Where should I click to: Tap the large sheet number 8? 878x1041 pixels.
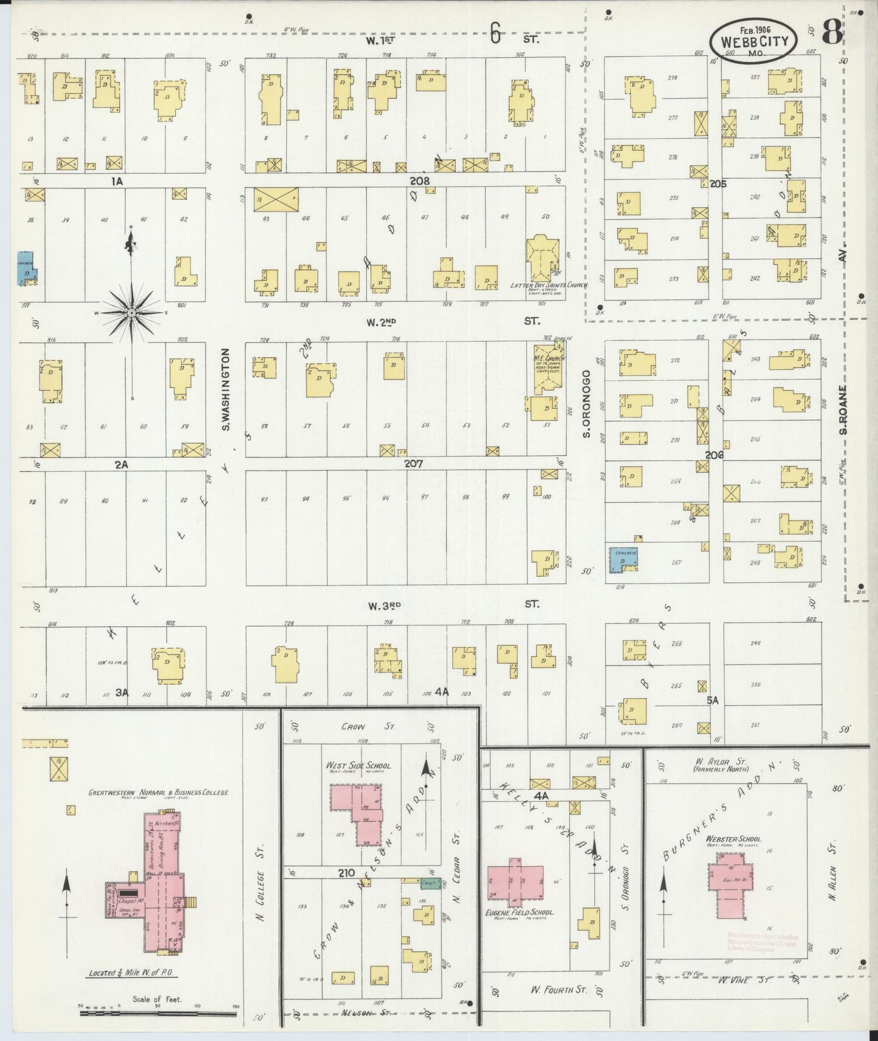tap(832, 33)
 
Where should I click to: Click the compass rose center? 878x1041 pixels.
tap(131, 312)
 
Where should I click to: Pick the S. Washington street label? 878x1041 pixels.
tap(225, 389)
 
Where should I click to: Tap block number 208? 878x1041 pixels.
tap(419, 180)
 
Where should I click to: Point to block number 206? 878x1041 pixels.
tap(715, 454)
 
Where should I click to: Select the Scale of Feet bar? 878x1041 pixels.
tap(158, 1006)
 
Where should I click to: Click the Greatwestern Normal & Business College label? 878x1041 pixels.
tap(158, 793)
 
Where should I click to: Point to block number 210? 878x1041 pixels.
tap(346, 873)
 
